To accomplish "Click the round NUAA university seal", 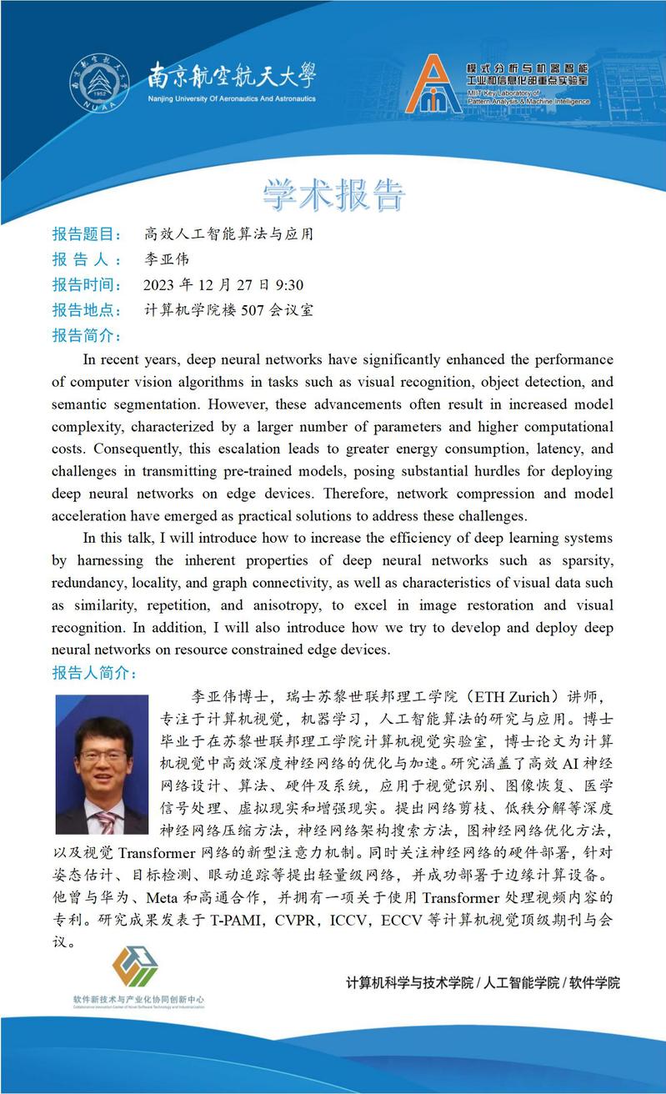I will pyautogui.click(x=100, y=83).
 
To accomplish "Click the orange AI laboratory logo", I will pyautogui.click(x=433, y=85).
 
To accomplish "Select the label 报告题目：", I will pyautogui.click(x=87, y=234).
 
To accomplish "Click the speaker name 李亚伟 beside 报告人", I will pyautogui.click(x=167, y=259).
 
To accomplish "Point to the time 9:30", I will pyautogui.click(x=288, y=285).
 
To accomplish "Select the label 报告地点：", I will pyautogui.click(x=87, y=311).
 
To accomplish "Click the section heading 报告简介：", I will pyautogui.click(x=87, y=336).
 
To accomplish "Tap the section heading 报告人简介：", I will pyautogui.click(x=93, y=673).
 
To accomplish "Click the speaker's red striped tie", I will pyautogui.click(x=106, y=822).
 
